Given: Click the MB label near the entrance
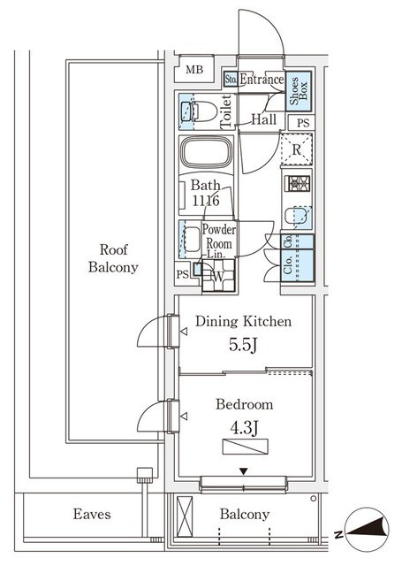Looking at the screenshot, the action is coord(194,70).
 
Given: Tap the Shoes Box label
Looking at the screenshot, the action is coord(299,90).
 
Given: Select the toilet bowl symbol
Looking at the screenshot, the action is coord(199,111).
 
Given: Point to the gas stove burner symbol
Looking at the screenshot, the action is coord(297,183).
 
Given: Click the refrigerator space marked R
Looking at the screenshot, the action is coord(296,149).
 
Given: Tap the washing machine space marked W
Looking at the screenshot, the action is coord(218,276).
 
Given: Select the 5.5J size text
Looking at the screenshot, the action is coord(243,345).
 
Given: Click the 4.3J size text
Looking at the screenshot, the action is coord(244,428).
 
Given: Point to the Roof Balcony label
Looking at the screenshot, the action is coord(114,258).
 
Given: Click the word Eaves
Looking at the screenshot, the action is coord(92,514).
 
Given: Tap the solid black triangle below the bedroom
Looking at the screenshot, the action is coord(244,471).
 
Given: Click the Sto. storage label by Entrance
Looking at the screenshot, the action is coord(231,79).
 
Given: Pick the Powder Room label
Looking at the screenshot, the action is coord(218,236).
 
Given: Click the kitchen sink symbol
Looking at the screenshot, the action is coord(298,217).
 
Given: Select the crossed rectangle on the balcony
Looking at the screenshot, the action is coord(185,516).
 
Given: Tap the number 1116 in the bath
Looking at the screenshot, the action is coord(206,201).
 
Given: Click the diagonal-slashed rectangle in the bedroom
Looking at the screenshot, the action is coord(245,447).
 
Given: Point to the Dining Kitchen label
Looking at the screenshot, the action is coord(243,321).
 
